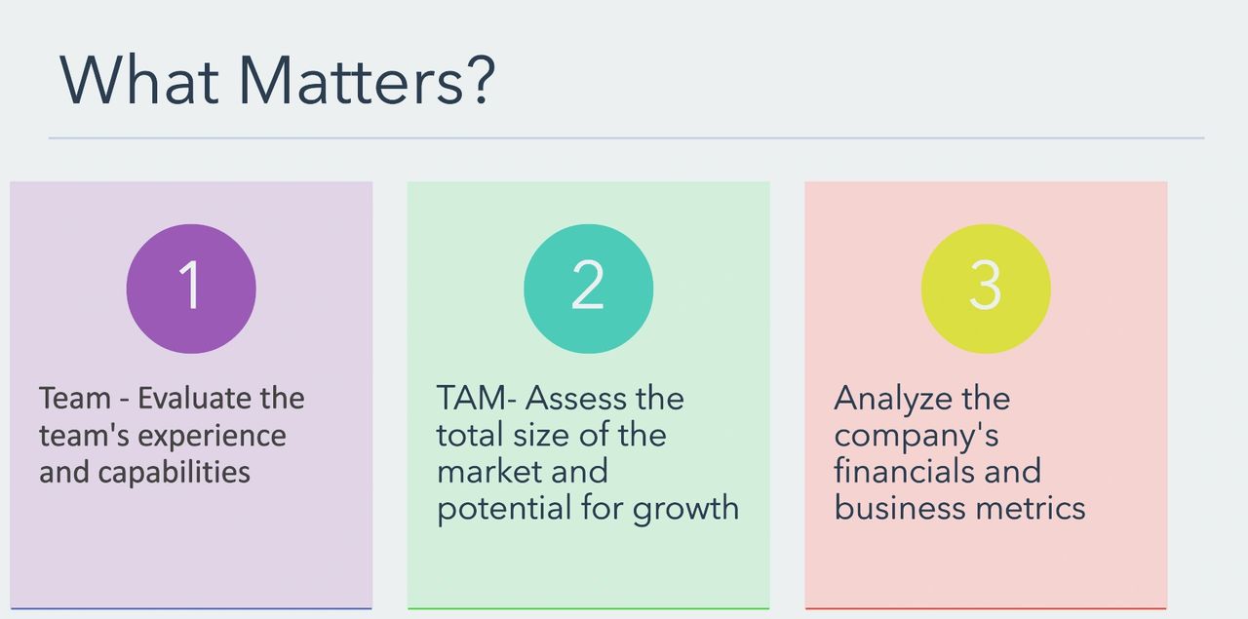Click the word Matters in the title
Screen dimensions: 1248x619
point(350,80)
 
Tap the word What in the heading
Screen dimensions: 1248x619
point(138,80)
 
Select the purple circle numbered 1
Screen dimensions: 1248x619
point(191,289)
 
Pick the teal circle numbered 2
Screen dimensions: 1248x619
point(588,289)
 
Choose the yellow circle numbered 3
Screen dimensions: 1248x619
point(986,289)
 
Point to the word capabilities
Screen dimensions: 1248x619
point(174,473)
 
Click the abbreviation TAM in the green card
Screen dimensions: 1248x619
point(472,398)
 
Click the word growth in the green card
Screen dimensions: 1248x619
point(685,509)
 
